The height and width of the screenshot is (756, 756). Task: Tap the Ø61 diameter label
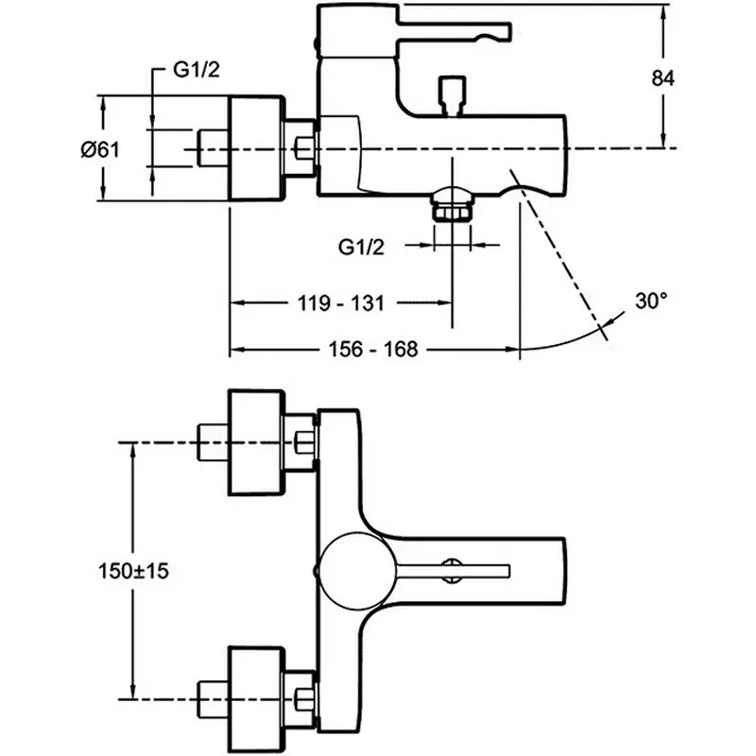pos(97,148)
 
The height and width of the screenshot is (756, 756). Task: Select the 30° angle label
pos(651,302)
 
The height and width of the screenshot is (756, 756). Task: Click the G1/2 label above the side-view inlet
pos(196,71)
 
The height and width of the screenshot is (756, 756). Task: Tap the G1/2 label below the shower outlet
pos(361,248)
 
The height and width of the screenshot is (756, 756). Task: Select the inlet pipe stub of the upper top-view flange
pos(212,440)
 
